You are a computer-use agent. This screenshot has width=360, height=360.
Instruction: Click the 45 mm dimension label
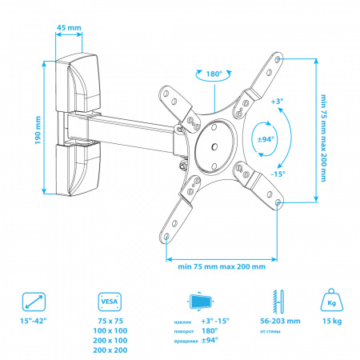tap(69, 27)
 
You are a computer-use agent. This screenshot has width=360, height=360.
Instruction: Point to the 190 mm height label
tap(38, 130)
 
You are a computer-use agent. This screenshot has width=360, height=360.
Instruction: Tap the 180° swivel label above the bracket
tap(214, 74)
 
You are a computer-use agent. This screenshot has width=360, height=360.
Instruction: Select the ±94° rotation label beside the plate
tap(266, 139)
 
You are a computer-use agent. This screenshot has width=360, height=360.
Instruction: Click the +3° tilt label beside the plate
tap(277, 102)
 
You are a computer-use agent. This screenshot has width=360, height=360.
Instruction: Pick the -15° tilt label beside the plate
tap(278, 174)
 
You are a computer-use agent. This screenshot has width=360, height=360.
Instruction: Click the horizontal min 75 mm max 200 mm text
tap(222, 266)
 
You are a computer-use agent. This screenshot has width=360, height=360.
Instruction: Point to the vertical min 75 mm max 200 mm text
tap(323, 138)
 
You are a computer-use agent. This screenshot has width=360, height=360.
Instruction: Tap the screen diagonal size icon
tap(34, 302)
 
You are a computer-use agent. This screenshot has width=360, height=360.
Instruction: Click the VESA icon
tap(110, 302)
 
